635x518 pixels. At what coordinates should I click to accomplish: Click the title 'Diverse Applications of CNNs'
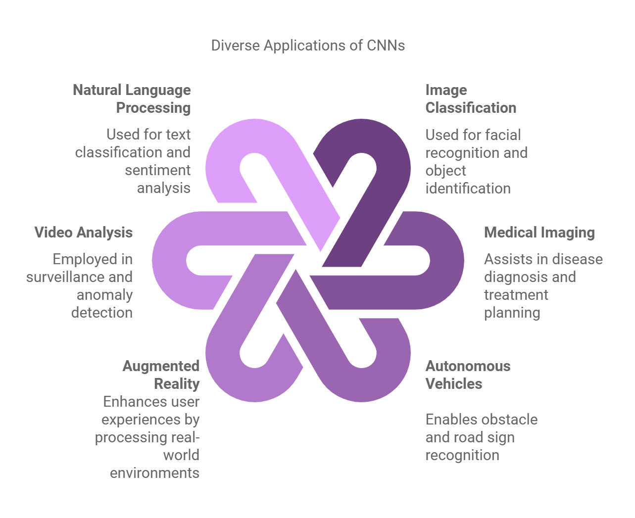pyautogui.click(x=308, y=46)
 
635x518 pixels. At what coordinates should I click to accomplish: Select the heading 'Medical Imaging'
pyautogui.click(x=539, y=233)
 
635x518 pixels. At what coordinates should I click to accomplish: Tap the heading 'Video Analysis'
pyautogui.click(x=83, y=233)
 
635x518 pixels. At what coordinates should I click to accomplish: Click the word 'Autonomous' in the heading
pyautogui.click(x=468, y=366)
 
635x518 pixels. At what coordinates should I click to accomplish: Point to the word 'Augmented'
pyautogui.click(x=161, y=366)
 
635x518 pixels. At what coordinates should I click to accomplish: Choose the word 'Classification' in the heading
pyautogui.click(x=471, y=108)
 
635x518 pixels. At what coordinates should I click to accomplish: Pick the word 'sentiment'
pyautogui.click(x=157, y=170)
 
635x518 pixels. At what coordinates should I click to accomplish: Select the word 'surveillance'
pyautogui.click(x=79, y=277)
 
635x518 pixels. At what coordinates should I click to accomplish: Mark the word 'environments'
pyautogui.click(x=154, y=473)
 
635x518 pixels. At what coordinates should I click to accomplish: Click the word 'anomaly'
pyautogui.click(x=104, y=295)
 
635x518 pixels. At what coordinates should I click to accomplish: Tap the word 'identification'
pyautogui.click(x=468, y=188)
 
